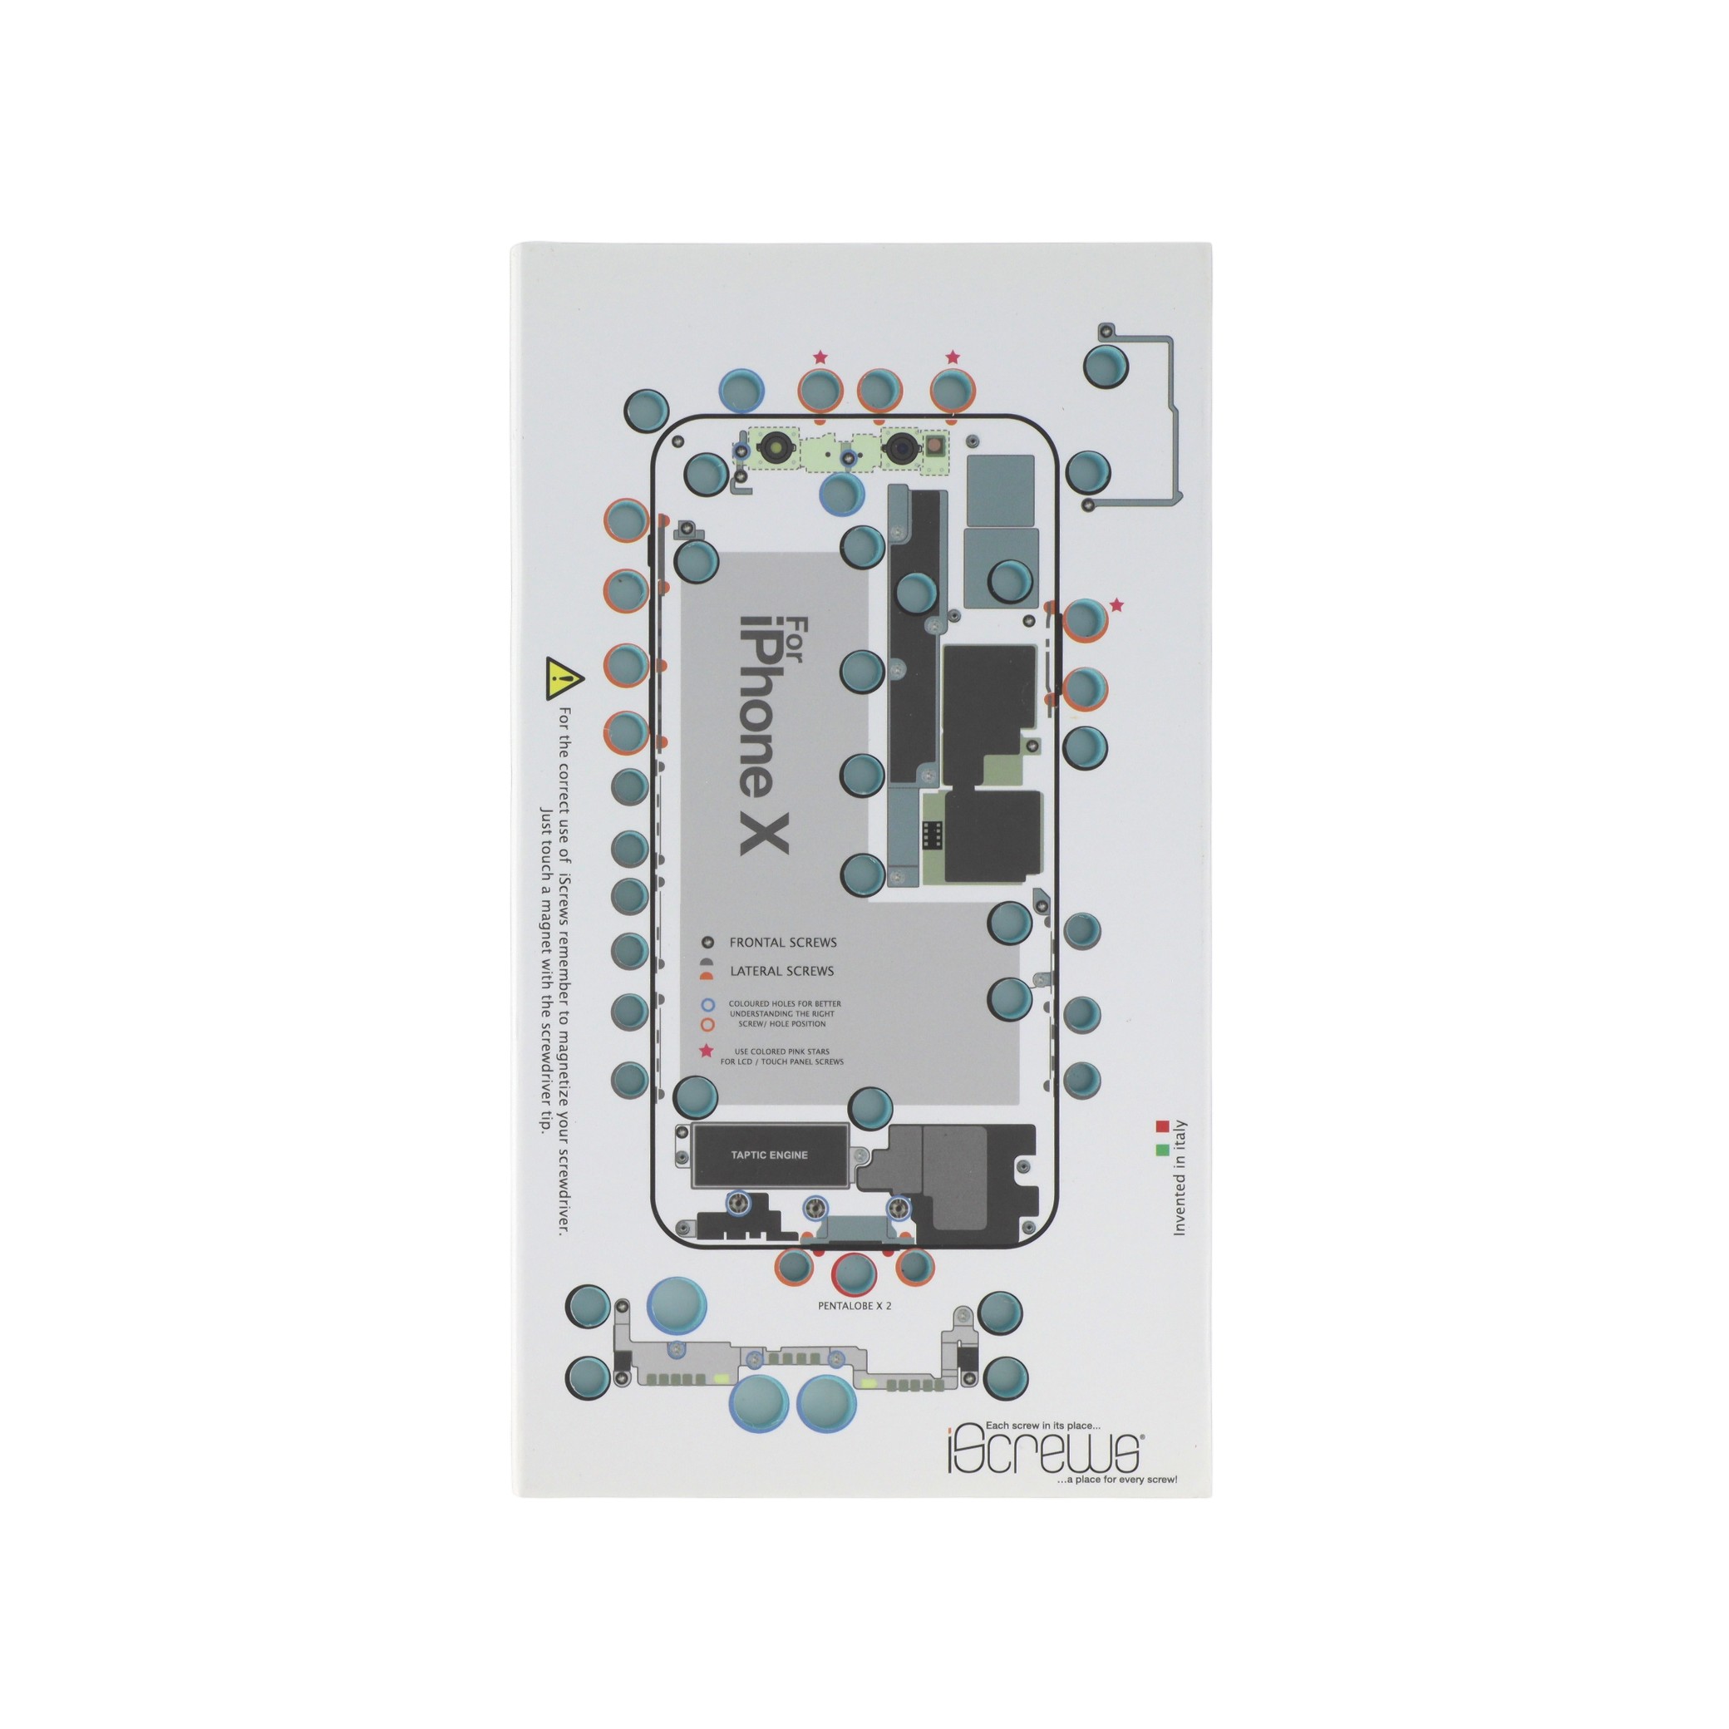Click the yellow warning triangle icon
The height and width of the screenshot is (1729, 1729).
click(x=564, y=679)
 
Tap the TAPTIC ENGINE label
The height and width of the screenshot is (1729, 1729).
click(x=769, y=1155)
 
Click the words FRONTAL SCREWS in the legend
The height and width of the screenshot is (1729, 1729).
click(x=783, y=943)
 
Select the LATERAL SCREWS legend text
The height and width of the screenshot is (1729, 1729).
click(x=781, y=971)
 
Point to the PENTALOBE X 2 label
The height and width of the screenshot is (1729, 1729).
click(x=855, y=1306)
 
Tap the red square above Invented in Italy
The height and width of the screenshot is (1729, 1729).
click(x=1163, y=1126)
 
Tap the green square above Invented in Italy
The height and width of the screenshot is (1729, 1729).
click(x=1163, y=1150)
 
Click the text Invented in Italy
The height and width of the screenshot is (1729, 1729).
click(x=1180, y=1179)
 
